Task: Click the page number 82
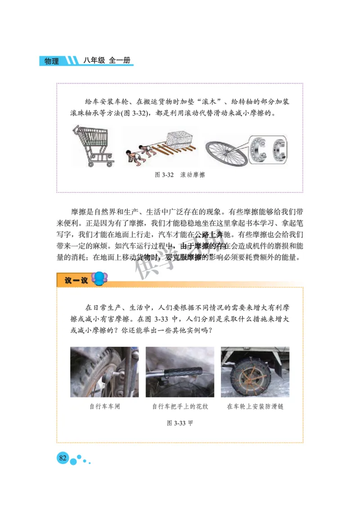pyautogui.click(x=63, y=458)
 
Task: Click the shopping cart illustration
pyautogui.click(x=93, y=145)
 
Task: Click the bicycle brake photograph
pyautogui.click(x=104, y=371)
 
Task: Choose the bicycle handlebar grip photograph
pyautogui.click(x=180, y=371)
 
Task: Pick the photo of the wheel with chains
pyautogui.click(x=255, y=371)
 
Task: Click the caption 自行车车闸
pyautogui.click(x=104, y=406)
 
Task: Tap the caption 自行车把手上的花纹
pyautogui.click(x=180, y=406)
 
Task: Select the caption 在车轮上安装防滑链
pyautogui.click(x=255, y=406)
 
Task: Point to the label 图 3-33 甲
pyautogui.click(x=180, y=423)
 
